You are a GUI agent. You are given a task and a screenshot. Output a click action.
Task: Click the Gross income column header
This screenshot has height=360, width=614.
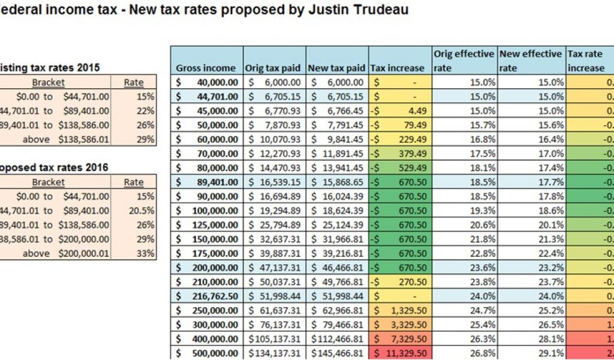206,68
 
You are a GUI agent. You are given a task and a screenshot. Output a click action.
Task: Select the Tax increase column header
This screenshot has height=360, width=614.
398,68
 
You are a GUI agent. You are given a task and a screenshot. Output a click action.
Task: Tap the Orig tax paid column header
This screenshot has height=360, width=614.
274,68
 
